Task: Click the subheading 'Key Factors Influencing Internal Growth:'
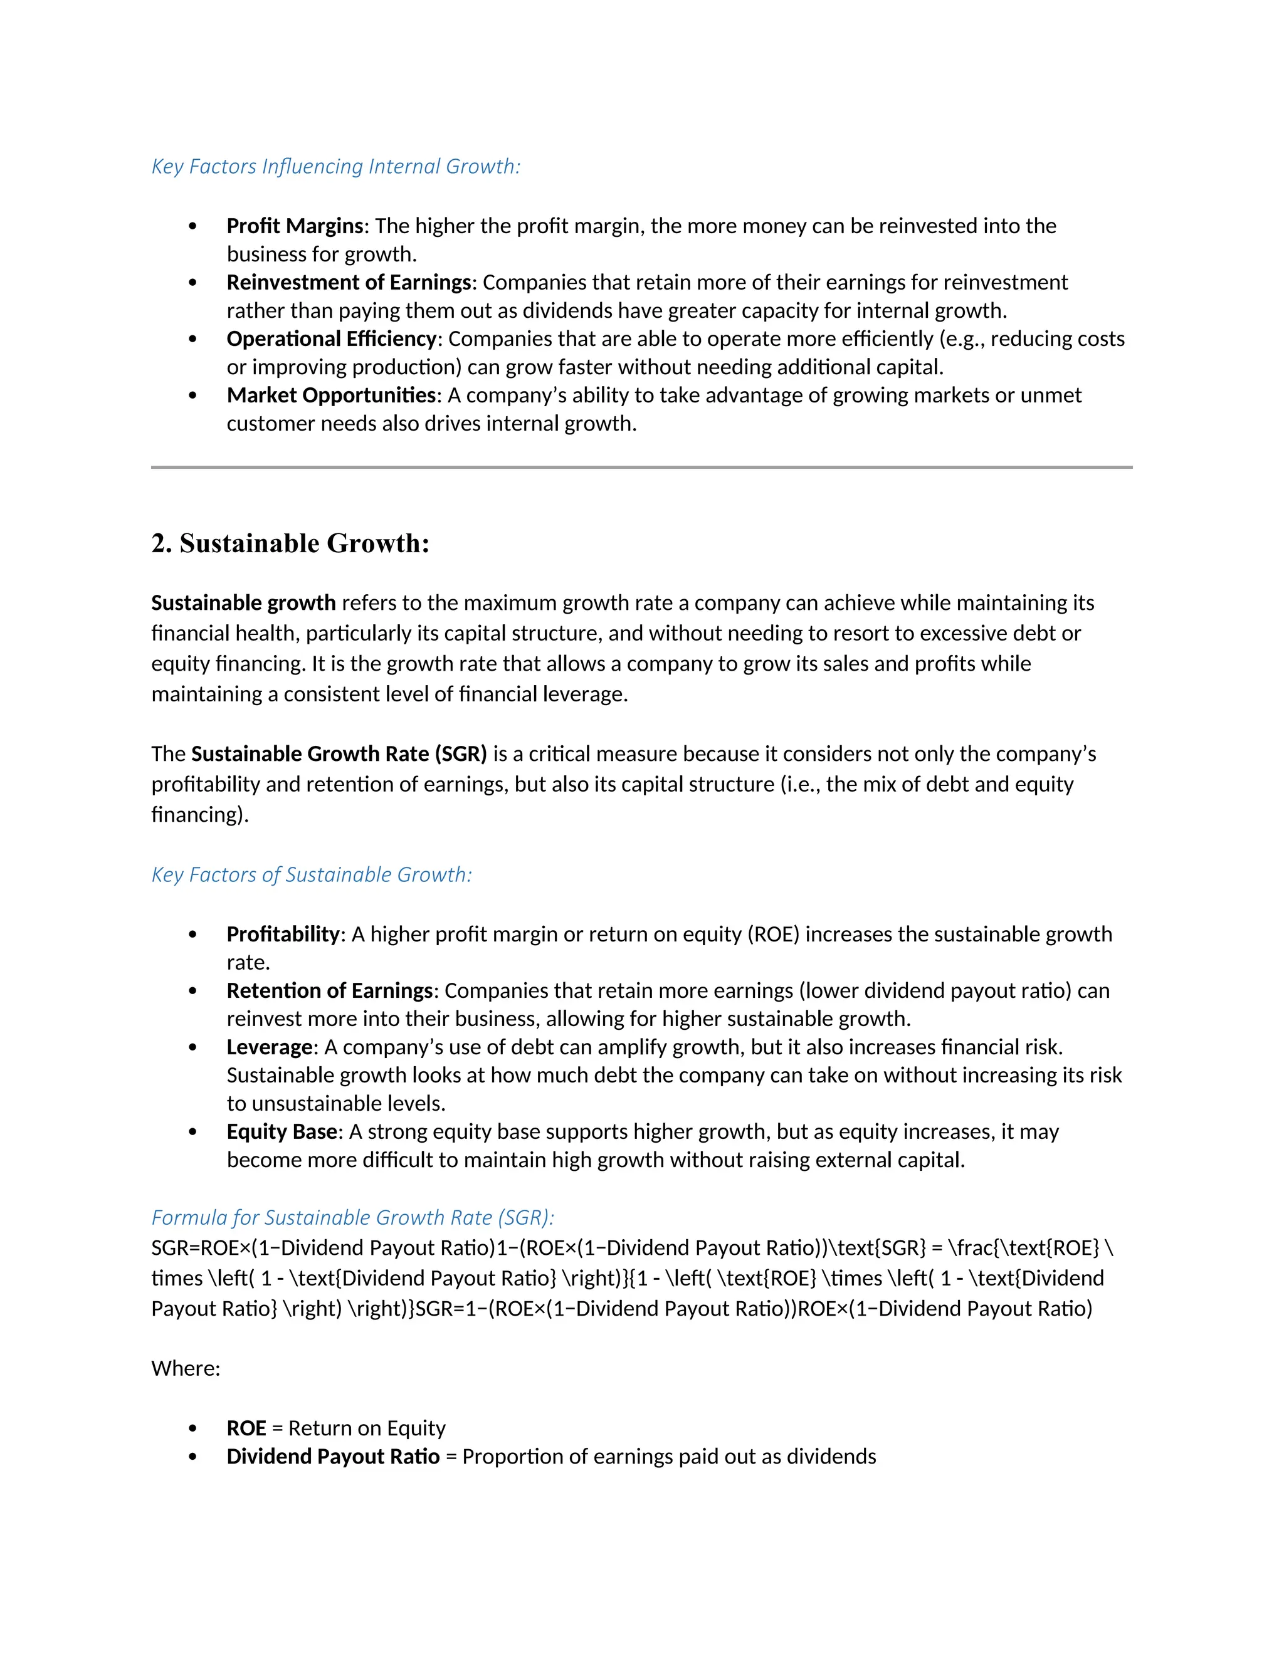[x=335, y=167]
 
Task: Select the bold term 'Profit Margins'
[x=295, y=226]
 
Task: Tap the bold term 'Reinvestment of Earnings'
[x=349, y=282]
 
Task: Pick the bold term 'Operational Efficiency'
[x=332, y=338]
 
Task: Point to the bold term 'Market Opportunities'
[x=331, y=396]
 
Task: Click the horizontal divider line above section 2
[x=641, y=467]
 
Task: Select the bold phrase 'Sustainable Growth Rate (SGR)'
[x=339, y=753]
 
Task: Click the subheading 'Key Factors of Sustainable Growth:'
[x=311, y=874]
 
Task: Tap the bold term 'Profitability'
[x=283, y=934]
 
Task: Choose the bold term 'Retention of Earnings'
[x=329, y=990]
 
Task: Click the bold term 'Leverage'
[x=269, y=1047]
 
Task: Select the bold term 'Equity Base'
[x=282, y=1131]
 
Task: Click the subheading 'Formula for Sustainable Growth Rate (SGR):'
[x=352, y=1218]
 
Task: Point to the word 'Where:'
[x=186, y=1368]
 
